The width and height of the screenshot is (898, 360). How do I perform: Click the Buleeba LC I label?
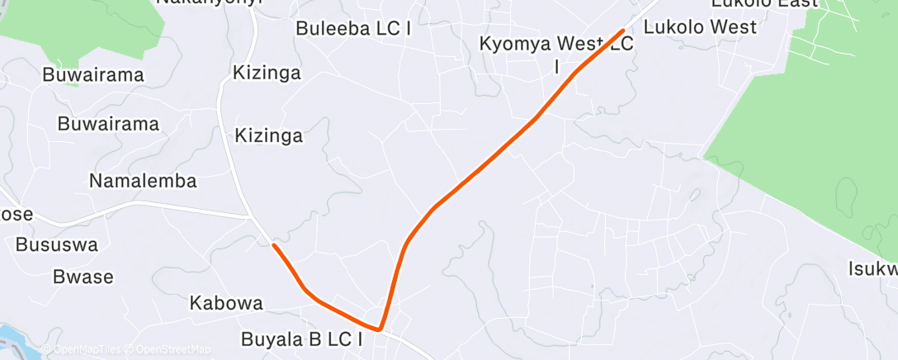(x=353, y=28)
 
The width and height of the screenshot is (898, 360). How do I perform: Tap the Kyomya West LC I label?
(x=557, y=53)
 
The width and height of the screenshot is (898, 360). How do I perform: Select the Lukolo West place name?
(x=699, y=27)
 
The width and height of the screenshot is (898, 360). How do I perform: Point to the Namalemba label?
(x=143, y=181)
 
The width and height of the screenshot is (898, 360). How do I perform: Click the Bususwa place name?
(x=57, y=245)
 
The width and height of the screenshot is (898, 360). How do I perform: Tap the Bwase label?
(x=83, y=277)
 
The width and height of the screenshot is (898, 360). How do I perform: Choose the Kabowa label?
(x=226, y=303)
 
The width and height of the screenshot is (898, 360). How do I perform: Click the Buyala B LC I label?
(x=302, y=339)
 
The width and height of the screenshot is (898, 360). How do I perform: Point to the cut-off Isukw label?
(x=872, y=269)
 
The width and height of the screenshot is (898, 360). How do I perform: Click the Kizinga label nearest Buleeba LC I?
(x=267, y=73)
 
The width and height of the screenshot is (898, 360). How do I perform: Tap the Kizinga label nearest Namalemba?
(x=269, y=135)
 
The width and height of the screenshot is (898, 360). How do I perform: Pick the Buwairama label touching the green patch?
(x=94, y=75)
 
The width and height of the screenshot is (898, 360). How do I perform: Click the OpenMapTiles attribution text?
(x=87, y=350)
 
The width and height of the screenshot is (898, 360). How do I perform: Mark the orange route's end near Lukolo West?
(x=622, y=31)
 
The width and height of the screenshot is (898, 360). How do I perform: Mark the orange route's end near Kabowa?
(x=274, y=245)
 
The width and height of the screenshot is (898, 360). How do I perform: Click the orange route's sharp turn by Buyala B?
(x=380, y=329)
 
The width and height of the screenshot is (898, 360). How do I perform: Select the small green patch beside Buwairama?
(x=73, y=82)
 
